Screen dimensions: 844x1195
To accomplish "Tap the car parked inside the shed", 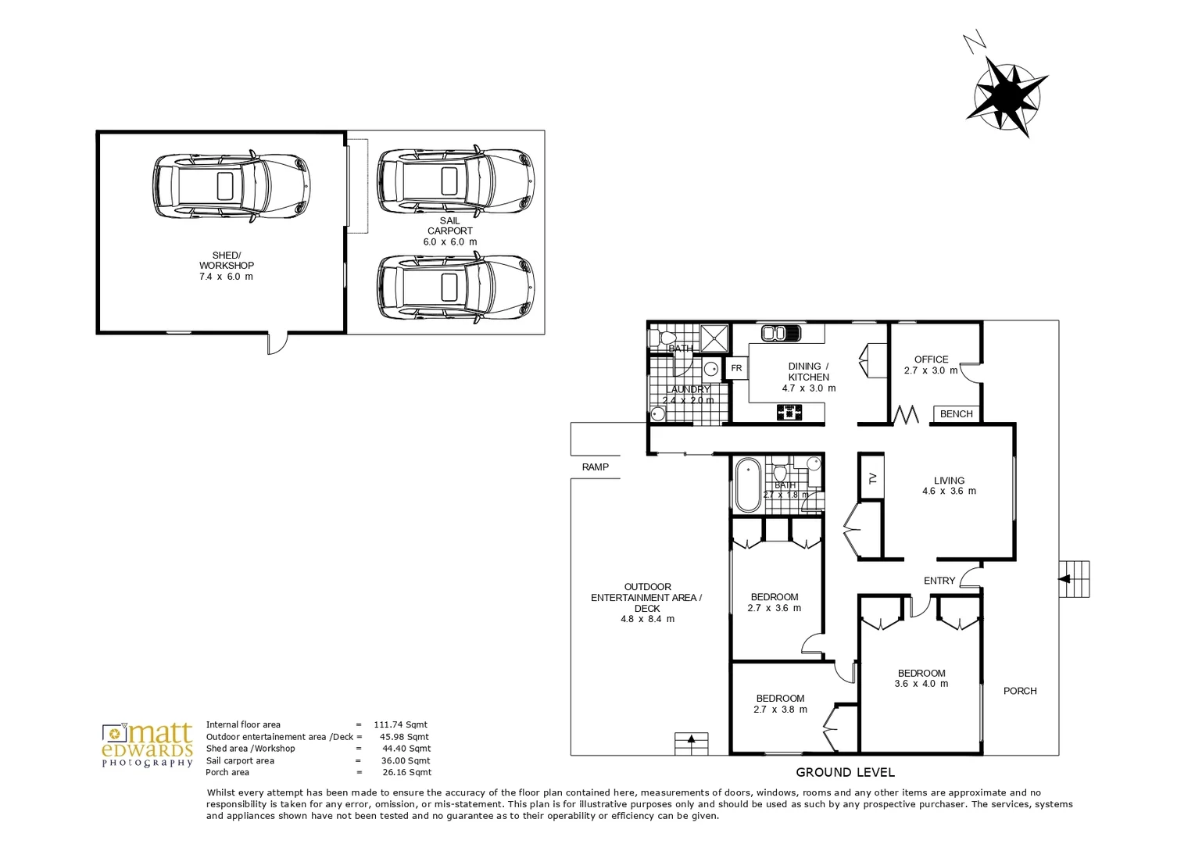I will [232, 186].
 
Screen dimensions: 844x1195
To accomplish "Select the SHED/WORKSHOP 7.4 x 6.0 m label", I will [226, 266].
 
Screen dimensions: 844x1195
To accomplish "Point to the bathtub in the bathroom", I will [748, 485].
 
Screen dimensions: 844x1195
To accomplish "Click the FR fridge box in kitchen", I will [736, 368].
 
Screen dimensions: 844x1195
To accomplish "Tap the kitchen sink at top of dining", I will [780, 333].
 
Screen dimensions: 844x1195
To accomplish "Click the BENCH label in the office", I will [956, 414].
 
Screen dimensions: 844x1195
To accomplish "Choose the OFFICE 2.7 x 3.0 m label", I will [931, 365].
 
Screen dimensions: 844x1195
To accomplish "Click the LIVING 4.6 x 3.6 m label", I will [949, 486].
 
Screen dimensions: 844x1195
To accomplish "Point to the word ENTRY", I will [939, 581].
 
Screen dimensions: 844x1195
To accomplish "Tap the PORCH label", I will [1020, 691].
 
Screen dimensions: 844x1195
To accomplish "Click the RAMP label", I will [595, 467].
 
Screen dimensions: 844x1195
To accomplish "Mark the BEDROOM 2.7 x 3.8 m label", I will [779, 704].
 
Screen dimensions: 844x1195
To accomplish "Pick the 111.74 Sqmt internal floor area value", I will [401, 724].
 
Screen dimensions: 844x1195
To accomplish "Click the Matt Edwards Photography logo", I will [147, 746].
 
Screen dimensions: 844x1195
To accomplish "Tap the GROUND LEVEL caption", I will [845, 772].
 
